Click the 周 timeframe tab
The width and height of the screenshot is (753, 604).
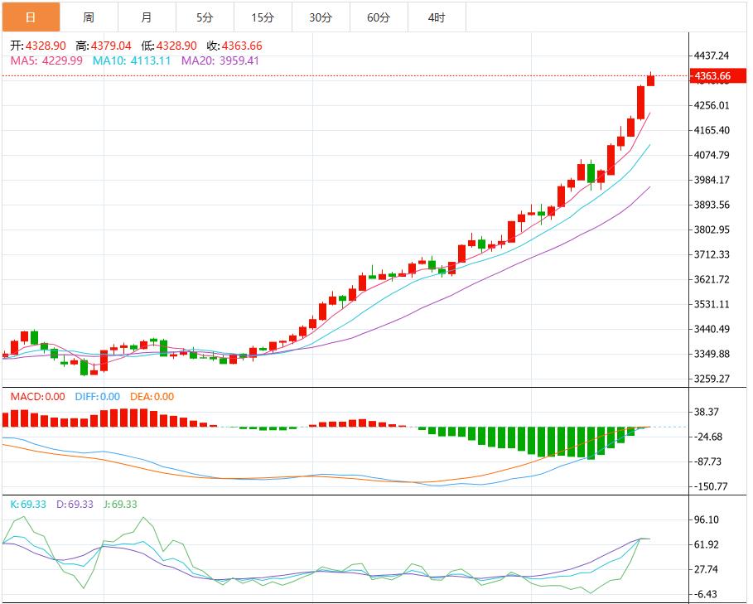(x=89, y=17)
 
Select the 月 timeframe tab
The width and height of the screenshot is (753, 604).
(x=147, y=17)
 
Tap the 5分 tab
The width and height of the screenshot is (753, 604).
(x=205, y=17)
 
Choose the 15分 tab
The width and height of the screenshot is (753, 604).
(x=263, y=17)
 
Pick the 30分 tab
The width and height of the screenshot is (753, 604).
(x=321, y=17)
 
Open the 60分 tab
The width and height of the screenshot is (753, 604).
(x=379, y=17)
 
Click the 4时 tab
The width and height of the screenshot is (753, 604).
(x=437, y=17)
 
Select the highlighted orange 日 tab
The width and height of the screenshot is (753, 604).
(x=31, y=17)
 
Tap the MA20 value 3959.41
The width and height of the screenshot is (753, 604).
(x=239, y=60)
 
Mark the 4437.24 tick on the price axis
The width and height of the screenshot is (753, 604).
(x=712, y=56)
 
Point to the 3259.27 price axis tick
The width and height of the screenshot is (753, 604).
(x=712, y=379)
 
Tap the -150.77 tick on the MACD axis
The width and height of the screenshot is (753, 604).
(x=712, y=486)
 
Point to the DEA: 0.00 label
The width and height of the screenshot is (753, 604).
(x=151, y=397)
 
